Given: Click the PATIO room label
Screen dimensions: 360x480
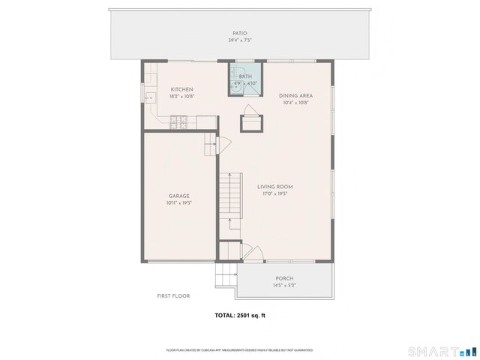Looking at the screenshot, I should (x=240, y=33).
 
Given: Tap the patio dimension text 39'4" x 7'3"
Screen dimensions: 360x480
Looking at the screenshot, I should (x=240, y=40).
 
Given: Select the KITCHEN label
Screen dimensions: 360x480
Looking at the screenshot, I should (x=181, y=89).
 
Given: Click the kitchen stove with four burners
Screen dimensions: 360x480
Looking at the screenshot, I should (x=178, y=120).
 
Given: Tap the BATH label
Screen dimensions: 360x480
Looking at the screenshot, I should (x=245, y=76).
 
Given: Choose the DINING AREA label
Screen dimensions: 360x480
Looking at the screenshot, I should (x=295, y=95).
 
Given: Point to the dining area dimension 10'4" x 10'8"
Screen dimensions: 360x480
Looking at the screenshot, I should (x=295, y=103).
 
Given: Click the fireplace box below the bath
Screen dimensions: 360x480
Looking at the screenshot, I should (x=250, y=123).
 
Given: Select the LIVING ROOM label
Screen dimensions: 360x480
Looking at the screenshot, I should (x=275, y=187).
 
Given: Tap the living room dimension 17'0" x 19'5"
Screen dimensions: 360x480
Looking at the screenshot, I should (x=275, y=194).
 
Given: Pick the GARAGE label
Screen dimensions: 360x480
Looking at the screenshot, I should (x=178, y=196).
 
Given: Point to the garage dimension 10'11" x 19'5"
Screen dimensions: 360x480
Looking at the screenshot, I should (x=178, y=203).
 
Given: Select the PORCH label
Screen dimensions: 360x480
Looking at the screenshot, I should (x=283, y=277).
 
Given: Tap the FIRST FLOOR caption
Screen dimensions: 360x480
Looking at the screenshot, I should (x=173, y=296).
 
